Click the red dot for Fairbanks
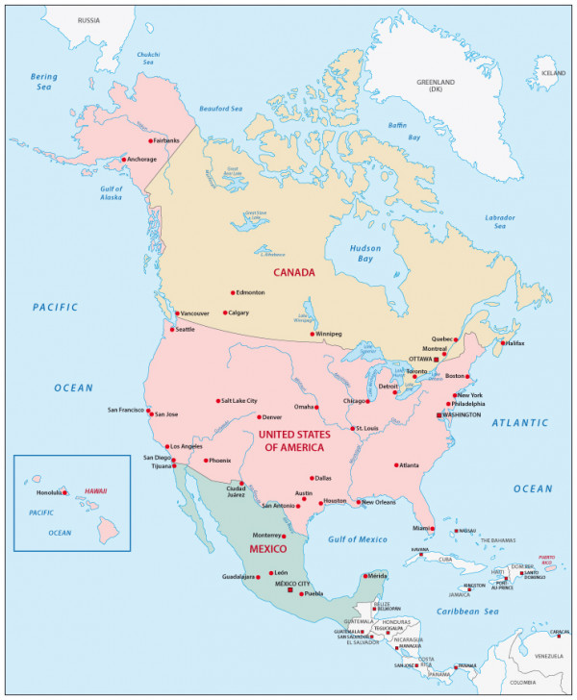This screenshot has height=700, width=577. coord(148,140)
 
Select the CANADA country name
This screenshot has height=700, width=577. coord(294,272)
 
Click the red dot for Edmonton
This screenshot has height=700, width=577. coord(233,292)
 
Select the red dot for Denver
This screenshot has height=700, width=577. coord(260,417)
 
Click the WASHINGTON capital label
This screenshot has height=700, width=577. coord(462,414)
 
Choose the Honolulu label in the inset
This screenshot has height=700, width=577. coord(49,492)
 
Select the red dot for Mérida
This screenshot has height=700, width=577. coord(363,576)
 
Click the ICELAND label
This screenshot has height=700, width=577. coord(552,73)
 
